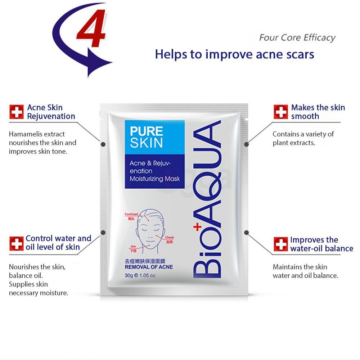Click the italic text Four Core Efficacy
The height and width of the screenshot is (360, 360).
297,38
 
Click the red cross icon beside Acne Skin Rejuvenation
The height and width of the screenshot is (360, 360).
16,112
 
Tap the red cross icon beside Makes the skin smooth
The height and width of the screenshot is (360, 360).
280,112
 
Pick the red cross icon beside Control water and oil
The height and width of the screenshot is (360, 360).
16,243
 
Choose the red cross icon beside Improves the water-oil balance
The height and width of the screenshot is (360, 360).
280,244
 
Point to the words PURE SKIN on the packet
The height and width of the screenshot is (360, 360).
146,137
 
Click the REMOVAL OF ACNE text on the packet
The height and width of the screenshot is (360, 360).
149,267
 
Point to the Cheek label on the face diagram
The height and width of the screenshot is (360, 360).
170,238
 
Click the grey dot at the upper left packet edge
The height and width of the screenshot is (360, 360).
103,144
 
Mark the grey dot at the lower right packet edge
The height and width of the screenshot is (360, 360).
247,233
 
